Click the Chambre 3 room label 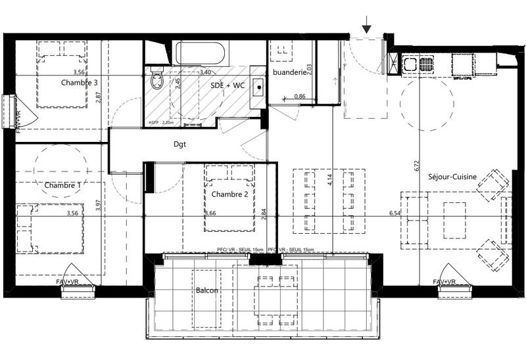click(x=80, y=83)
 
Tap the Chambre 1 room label click(x=62, y=186)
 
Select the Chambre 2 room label click(x=229, y=194)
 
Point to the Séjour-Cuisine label click(x=452, y=176)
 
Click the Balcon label click(x=206, y=290)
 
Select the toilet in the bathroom click(x=156, y=80)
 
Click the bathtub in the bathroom click(x=201, y=53)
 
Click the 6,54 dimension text click(x=394, y=214)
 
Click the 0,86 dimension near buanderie click(x=300, y=97)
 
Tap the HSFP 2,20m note click(x=161, y=122)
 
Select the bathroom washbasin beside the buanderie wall click(x=258, y=86)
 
